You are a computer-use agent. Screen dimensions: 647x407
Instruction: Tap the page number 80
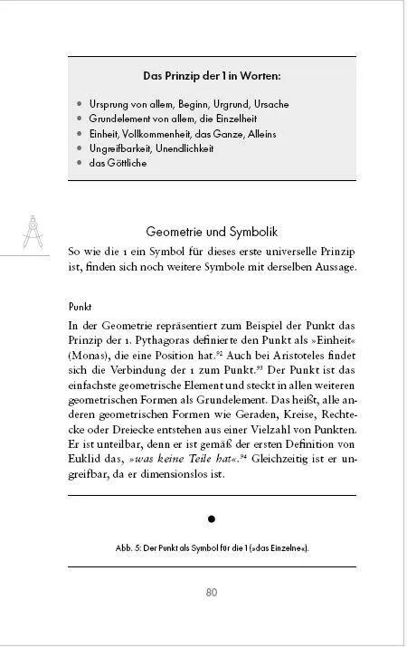212,593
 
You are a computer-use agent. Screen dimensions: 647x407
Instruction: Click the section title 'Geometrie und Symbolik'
211,232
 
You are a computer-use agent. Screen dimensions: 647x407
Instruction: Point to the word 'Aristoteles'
298,356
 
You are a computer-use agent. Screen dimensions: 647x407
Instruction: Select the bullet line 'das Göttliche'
118,163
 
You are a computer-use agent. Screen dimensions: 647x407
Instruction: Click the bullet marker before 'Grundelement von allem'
80,119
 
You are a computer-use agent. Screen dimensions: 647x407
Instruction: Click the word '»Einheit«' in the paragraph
327,340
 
